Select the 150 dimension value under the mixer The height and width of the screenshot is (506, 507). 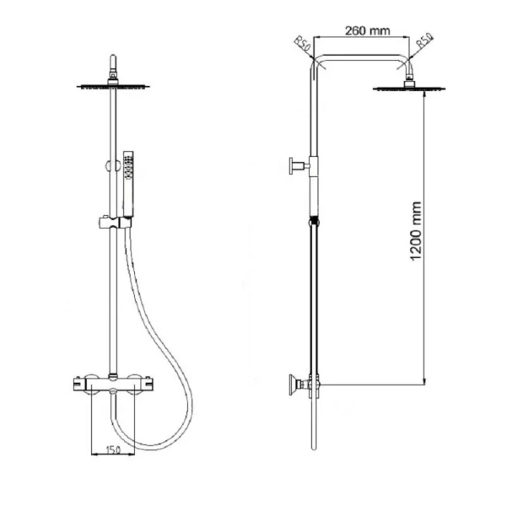click(x=112, y=451)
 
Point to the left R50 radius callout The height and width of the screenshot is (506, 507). click(x=302, y=42)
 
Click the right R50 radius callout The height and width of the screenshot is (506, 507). click(x=424, y=41)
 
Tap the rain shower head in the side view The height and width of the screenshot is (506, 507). click(x=411, y=88)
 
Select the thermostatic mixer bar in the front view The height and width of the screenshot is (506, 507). click(x=112, y=385)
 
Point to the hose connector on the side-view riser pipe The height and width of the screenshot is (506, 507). click(x=314, y=223)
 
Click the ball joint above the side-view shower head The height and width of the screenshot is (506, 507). click(x=411, y=79)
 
